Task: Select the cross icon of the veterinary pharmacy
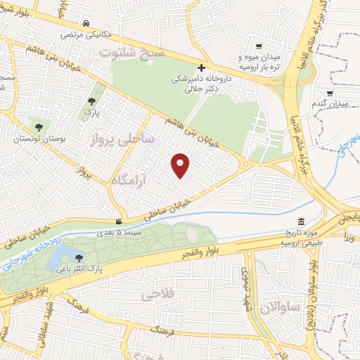click(x=202, y=68)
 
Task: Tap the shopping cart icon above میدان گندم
click(x=330, y=92)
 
